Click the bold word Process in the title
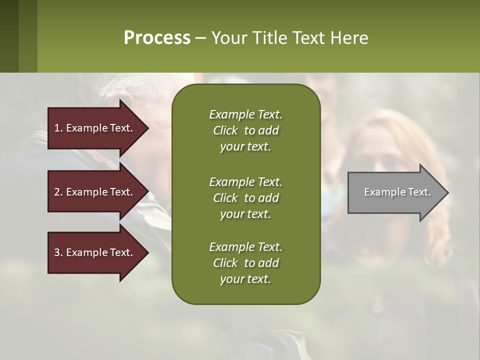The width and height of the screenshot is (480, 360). (157, 38)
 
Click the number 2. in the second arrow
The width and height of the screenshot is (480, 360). (58, 192)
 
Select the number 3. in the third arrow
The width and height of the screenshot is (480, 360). (58, 252)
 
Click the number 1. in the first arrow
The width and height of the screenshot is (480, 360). (58, 128)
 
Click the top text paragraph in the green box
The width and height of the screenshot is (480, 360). (245, 130)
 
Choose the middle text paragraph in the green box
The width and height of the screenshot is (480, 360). (245, 198)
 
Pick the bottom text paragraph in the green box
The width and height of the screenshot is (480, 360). (245, 263)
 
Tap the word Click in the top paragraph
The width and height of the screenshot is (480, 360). (225, 130)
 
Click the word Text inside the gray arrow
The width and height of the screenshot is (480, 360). (419, 192)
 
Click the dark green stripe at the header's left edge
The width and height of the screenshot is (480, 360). (9, 36)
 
